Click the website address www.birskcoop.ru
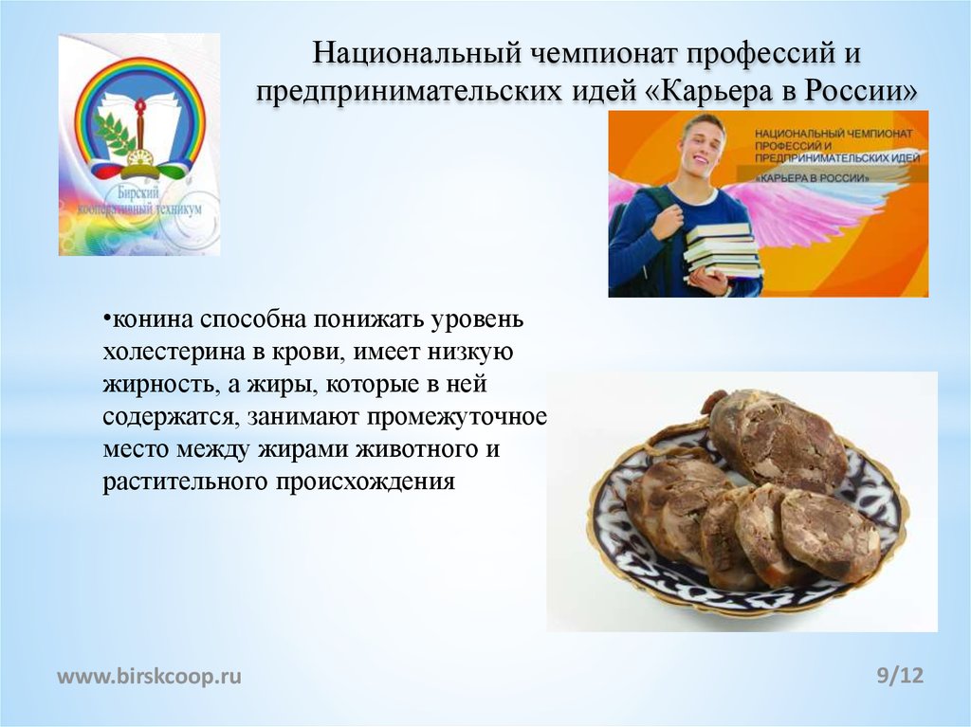click(x=150, y=676)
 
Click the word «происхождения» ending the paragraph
click(x=366, y=482)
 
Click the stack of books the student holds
click(x=724, y=249)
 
